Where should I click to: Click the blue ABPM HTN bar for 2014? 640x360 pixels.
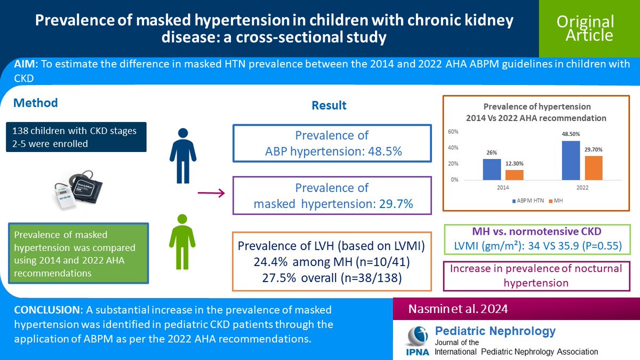point(492,169)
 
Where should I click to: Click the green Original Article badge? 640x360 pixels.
point(585,28)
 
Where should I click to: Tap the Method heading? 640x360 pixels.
point(35,102)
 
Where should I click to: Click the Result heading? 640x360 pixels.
point(329,106)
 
